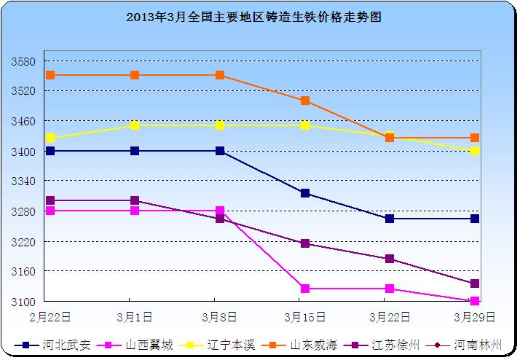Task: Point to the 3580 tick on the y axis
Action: tap(25, 61)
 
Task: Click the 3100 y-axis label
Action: tap(25, 301)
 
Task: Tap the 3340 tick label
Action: tap(25, 181)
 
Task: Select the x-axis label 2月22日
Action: tap(50, 317)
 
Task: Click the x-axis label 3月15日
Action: tap(304, 317)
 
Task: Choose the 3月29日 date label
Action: tap(474, 317)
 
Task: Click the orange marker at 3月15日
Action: tap(305, 101)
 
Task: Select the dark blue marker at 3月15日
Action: tap(305, 193)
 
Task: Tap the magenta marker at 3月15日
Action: tap(305, 289)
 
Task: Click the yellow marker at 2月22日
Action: tap(50, 138)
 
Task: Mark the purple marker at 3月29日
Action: tap(475, 283)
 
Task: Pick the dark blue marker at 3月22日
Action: tap(390, 219)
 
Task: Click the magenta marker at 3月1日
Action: tap(135, 211)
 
